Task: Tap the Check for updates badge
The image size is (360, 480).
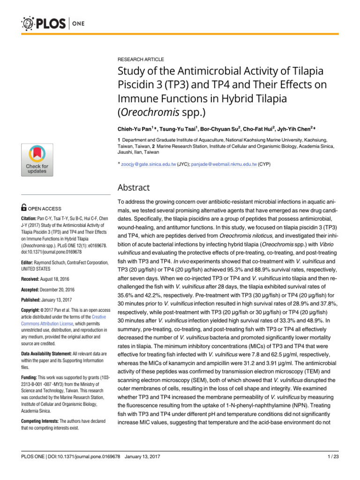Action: tap(37, 160)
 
